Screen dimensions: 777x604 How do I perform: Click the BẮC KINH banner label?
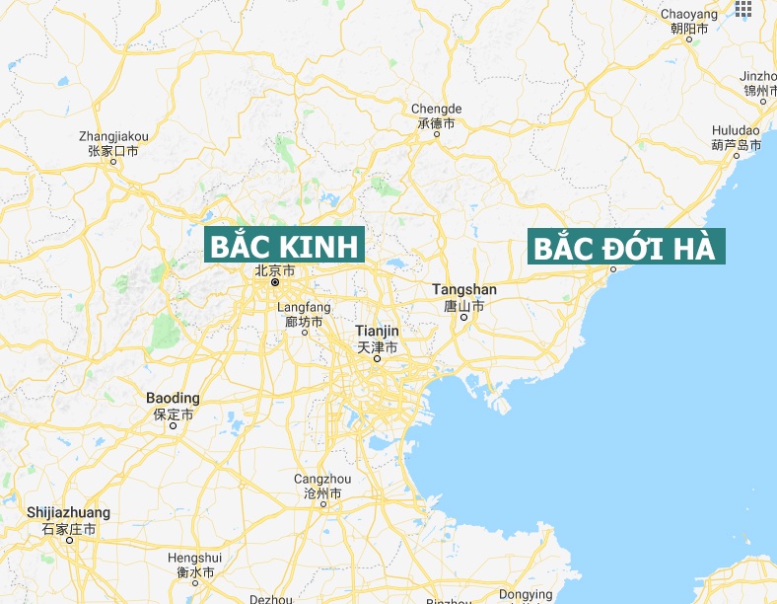click(x=284, y=245)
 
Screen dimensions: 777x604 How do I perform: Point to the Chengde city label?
click(x=436, y=109)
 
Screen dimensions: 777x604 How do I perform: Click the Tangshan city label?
click(x=464, y=289)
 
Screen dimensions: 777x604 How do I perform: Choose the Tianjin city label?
click(x=377, y=331)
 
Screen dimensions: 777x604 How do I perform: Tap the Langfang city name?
click(x=304, y=308)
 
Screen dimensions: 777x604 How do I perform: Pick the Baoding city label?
click(x=173, y=398)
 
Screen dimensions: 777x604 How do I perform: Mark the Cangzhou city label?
click(x=322, y=479)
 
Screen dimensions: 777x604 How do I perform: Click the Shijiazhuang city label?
click(x=68, y=513)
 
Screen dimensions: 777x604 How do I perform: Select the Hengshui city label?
click(x=194, y=558)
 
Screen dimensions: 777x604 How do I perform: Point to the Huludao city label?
click(x=736, y=130)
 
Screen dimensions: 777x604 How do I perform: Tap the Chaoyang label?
click(x=689, y=13)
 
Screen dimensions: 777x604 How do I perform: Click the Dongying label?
click(x=526, y=594)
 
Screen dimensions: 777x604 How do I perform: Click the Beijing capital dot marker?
click(x=275, y=283)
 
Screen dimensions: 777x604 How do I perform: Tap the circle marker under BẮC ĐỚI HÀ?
click(x=612, y=268)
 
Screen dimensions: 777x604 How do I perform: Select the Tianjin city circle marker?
click(x=377, y=359)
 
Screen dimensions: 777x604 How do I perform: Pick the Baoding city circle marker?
click(x=173, y=426)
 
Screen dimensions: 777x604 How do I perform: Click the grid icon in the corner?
click(x=744, y=9)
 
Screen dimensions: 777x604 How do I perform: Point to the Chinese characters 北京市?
click(x=274, y=269)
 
